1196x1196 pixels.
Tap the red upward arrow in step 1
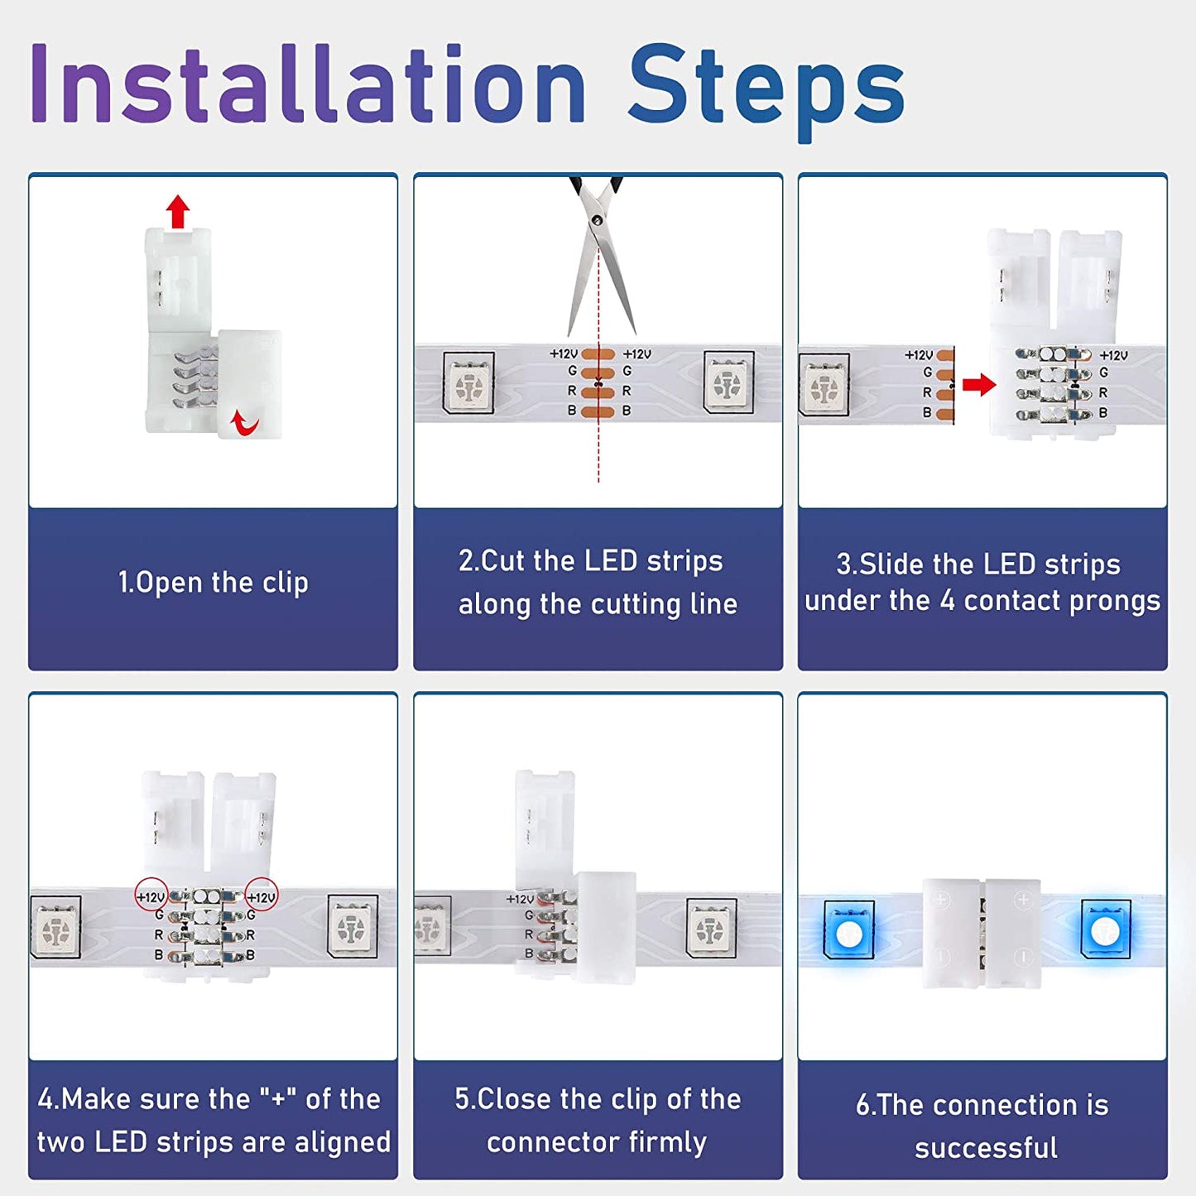(177, 211)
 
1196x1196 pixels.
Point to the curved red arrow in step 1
(244, 423)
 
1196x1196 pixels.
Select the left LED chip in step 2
(469, 382)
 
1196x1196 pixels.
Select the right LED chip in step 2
(728, 382)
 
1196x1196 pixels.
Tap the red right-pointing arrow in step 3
(979, 384)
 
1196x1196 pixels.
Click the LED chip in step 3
(824, 384)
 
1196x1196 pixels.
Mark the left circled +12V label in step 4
(151, 896)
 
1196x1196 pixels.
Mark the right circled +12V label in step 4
(262, 896)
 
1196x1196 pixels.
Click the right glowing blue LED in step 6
(1106, 930)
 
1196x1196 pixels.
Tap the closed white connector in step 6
(982, 933)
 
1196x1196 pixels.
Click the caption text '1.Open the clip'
(213, 583)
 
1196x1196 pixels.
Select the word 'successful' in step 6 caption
(986, 1148)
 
